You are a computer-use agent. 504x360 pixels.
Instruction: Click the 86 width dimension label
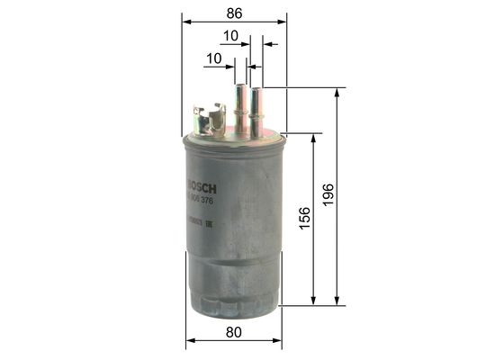(233, 13)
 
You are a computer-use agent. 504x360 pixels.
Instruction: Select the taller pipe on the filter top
(241, 103)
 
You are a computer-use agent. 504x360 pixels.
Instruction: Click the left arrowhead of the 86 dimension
(185, 19)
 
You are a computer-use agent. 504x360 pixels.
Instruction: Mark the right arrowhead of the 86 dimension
(283, 19)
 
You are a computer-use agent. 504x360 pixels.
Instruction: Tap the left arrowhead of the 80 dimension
(189, 343)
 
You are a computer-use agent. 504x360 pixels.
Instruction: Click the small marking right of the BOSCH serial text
(209, 222)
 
